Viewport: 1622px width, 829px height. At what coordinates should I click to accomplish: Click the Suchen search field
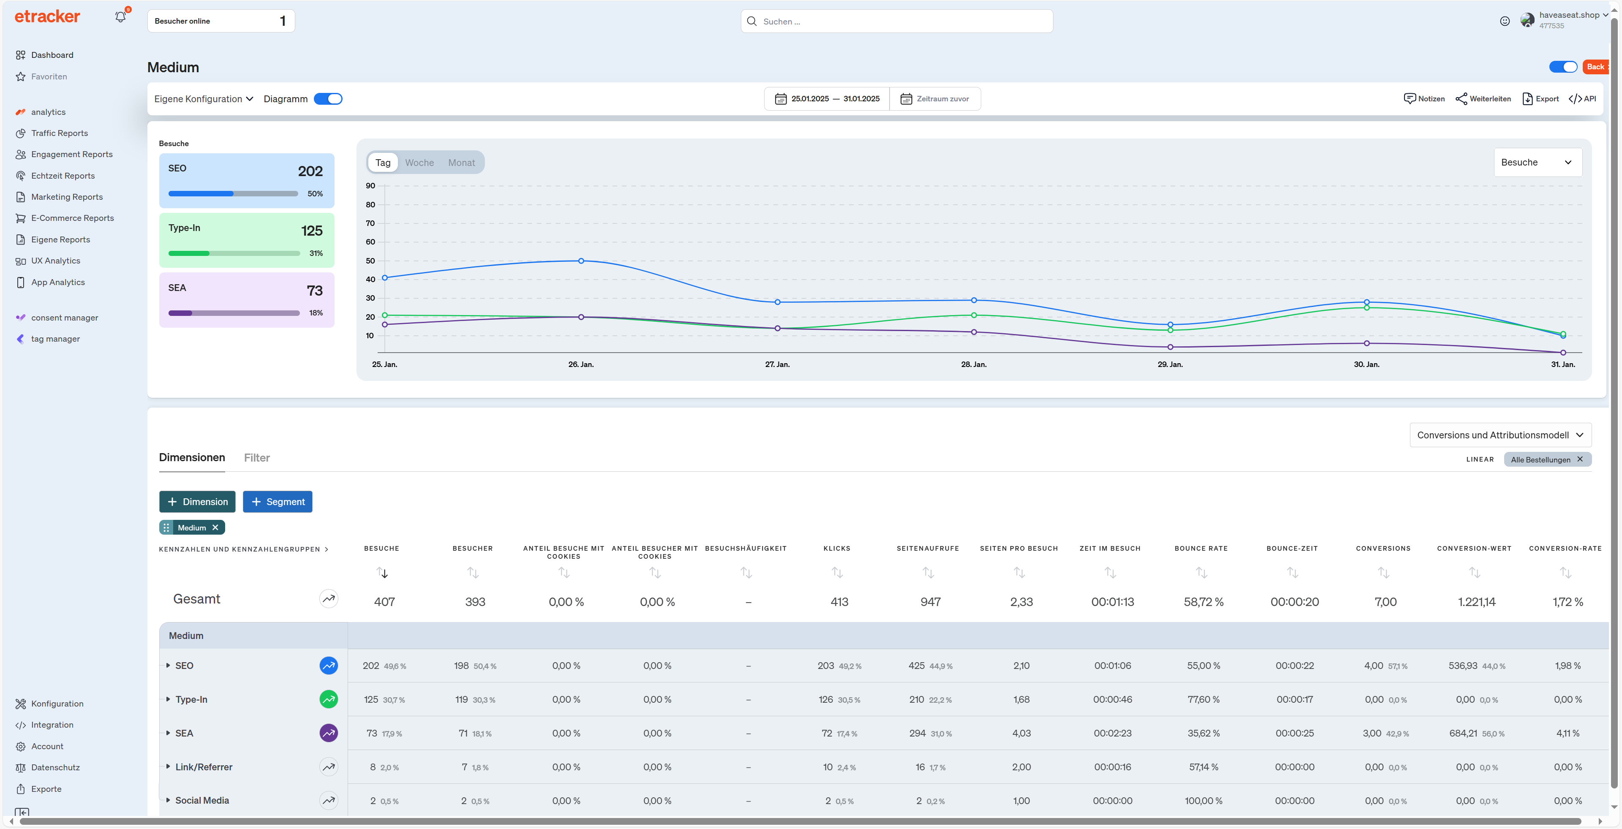pyautogui.click(x=897, y=22)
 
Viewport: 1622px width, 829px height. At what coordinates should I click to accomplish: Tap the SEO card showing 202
pyautogui.click(x=246, y=181)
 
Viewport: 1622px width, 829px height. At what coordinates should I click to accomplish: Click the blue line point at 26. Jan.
pyautogui.click(x=580, y=261)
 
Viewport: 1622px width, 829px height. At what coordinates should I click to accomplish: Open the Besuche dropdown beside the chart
pyautogui.click(x=1537, y=163)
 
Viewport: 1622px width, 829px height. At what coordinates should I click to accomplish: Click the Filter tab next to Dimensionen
pyautogui.click(x=256, y=458)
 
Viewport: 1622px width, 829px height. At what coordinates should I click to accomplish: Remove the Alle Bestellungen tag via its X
pyautogui.click(x=1579, y=459)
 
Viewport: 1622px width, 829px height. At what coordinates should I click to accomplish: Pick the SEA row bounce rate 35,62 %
pyautogui.click(x=1203, y=733)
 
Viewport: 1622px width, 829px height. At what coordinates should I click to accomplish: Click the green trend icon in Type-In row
pyautogui.click(x=329, y=699)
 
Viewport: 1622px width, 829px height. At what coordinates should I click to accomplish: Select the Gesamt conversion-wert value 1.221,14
pyautogui.click(x=1476, y=602)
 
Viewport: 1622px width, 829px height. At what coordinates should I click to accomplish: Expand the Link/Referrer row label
pyautogui.click(x=203, y=766)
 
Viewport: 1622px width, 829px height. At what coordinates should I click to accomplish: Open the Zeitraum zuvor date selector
pyautogui.click(x=935, y=99)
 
